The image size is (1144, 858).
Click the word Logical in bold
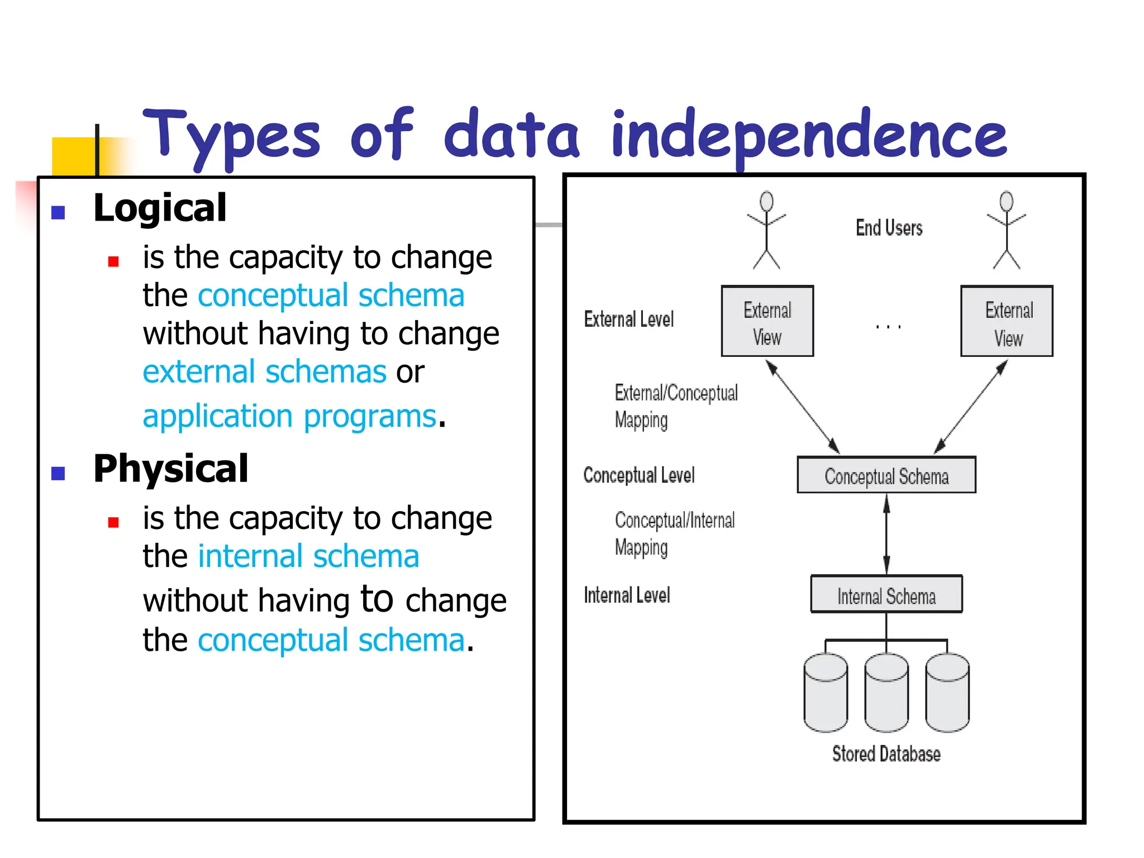[160, 208]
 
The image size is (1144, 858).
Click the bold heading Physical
[170, 469]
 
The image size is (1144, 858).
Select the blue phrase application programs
[289, 417]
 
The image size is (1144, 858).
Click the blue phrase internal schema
[308, 557]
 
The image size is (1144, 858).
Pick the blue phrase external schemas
[264, 372]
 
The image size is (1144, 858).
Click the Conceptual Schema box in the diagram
[886, 475]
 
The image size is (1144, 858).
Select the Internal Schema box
[886, 595]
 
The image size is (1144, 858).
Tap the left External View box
[767, 322]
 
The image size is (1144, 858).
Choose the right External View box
[1007, 322]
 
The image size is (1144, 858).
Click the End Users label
[889, 228]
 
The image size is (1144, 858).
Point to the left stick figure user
[766, 230]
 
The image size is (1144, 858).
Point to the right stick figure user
[1007, 230]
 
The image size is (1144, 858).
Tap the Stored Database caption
[886, 754]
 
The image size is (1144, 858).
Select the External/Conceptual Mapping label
[675, 406]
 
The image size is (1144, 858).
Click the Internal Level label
[627, 595]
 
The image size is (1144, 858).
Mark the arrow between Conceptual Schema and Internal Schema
[886, 534]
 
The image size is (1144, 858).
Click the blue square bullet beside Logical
[58, 212]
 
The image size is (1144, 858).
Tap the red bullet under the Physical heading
[113, 523]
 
